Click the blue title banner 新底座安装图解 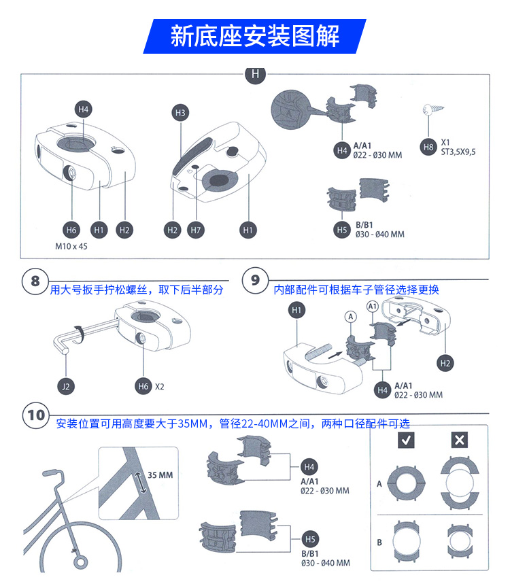[254, 36]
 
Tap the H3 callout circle [180, 114]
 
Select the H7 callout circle [196, 230]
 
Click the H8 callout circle [428, 146]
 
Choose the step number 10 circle [37, 415]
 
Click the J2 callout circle [66, 386]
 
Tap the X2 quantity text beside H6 [160, 387]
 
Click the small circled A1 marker [373, 307]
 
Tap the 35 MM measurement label [161, 475]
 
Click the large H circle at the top [255, 74]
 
